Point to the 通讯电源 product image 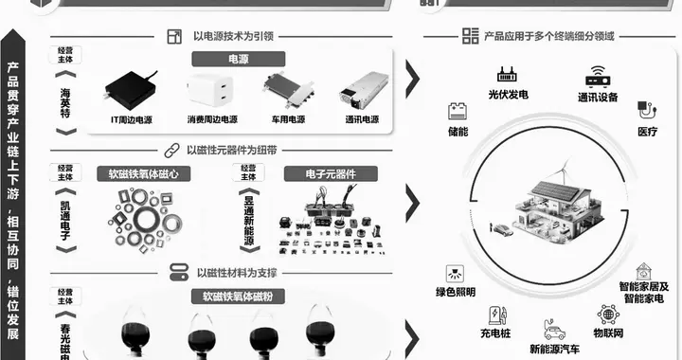(364, 92)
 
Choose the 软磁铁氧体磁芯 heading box (144, 173)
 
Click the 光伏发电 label (508, 95)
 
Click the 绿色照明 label (455, 292)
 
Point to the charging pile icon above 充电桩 (495, 315)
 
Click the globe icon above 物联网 (607, 315)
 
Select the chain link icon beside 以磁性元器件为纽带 (171, 149)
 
